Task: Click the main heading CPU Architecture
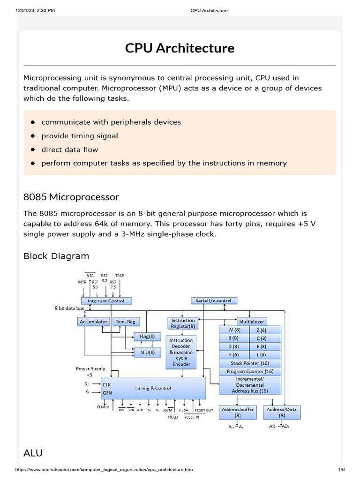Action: click(x=180, y=48)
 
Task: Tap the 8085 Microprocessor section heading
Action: click(x=71, y=196)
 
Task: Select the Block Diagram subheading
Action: click(x=56, y=256)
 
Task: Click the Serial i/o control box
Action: click(x=214, y=300)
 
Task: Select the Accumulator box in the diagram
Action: click(x=94, y=322)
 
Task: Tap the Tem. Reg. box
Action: click(x=126, y=322)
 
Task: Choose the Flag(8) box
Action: click(x=147, y=337)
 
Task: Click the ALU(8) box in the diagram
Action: click(x=147, y=352)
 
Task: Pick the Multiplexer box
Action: click(x=252, y=322)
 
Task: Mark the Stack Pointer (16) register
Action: click(x=250, y=363)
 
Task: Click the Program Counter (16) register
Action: click(x=250, y=371)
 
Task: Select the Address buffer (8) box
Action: click(x=238, y=412)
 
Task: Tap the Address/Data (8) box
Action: click(x=282, y=412)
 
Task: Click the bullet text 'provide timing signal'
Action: click(x=80, y=136)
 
